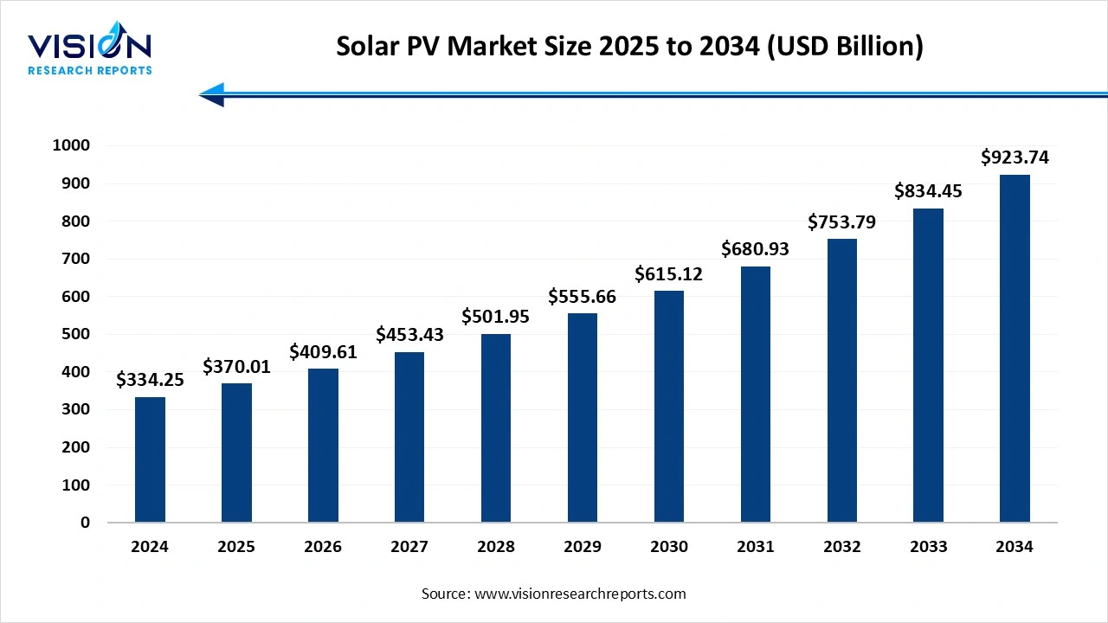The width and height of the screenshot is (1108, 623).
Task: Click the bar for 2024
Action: click(x=150, y=459)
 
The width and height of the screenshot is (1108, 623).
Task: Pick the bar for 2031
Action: click(x=755, y=395)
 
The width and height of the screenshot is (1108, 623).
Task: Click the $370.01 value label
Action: click(x=236, y=367)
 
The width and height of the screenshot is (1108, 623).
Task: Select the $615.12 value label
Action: click(x=668, y=274)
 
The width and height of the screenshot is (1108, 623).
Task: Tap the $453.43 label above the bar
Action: click(x=409, y=335)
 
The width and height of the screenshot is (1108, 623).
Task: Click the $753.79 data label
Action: click(x=841, y=222)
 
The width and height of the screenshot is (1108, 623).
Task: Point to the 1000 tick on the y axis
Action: click(x=71, y=145)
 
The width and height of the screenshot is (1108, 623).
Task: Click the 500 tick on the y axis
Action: click(x=75, y=334)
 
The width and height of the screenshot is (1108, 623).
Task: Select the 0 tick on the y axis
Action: click(x=85, y=523)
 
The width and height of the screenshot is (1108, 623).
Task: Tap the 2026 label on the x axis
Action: click(x=323, y=547)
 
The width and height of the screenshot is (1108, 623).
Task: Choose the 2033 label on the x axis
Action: click(x=928, y=547)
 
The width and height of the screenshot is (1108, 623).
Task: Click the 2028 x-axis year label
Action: click(x=496, y=547)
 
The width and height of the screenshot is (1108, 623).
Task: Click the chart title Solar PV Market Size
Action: click(x=629, y=47)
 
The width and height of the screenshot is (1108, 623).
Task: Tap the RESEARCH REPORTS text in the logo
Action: click(x=90, y=70)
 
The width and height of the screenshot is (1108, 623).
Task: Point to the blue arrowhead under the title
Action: click(x=213, y=94)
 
